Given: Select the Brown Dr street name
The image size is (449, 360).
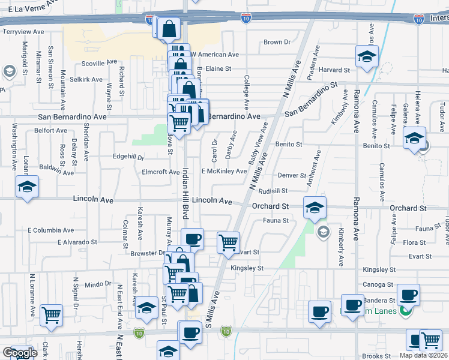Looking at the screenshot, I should click(277, 43).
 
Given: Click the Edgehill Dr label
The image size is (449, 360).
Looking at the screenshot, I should click(128, 157).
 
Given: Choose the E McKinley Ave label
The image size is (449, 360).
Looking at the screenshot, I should click(224, 172).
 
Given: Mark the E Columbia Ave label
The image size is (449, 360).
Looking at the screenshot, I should click(49, 230).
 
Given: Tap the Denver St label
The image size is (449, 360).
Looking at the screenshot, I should click(292, 175).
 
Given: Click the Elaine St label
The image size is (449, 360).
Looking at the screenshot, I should click(218, 69).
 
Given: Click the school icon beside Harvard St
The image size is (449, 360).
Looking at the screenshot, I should click(366, 57).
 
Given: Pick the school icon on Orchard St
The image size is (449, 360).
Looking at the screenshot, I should click(315, 208).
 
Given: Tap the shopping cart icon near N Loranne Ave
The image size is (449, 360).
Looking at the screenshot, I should click(52, 314).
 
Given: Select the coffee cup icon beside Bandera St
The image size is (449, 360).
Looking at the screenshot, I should click(408, 295).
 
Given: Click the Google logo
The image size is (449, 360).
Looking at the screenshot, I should click(19, 353).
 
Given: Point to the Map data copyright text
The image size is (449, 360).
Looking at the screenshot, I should click(423, 355).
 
